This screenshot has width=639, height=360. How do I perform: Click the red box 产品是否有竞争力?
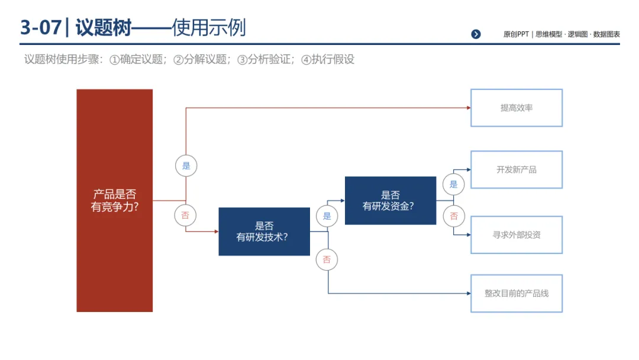pyautogui.click(x=114, y=200)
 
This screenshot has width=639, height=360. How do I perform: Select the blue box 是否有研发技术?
pyautogui.click(x=264, y=232)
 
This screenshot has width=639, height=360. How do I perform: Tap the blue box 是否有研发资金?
pyautogui.click(x=390, y=201)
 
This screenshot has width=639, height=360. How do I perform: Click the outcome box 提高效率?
pyautogui.click(x=516, y=108)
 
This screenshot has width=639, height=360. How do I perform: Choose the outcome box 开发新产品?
pyautogui.click(x=516, y=169)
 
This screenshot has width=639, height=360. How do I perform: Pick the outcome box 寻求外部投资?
pyautogui.click(x=516, y=234)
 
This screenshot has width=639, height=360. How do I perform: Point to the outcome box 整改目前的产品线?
pyautogui.click(x=516, y=293)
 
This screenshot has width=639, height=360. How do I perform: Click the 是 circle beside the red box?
pyautogui.click(x=186, y=166)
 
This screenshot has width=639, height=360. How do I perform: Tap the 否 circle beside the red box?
pyautogui.click(x=186, y=216)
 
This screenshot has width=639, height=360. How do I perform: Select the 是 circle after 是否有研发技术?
pyautogui.click(x=327, y=216)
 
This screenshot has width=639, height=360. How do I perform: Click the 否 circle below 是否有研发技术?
pyautogui.click(x=327, y=259)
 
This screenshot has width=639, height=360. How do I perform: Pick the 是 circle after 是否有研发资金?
pyautogui.click(x=454, y=184)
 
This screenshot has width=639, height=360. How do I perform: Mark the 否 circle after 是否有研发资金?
pyautogui.click(x=454, y=216)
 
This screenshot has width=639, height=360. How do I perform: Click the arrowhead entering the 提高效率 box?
pyautogui.click(x=468, y=108)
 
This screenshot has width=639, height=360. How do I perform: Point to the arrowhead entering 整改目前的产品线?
pyautogui.click(x=468, y=293)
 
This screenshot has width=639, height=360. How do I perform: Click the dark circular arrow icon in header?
pyautogui.click(x=476, y=34)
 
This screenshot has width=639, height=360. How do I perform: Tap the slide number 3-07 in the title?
pyautogui.click(x=40, y=28)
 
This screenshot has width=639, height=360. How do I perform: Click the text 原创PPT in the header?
pyautogui.click(x=516, y=34)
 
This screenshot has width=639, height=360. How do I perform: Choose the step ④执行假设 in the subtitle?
pyautogui.click(x=328, y=59)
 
